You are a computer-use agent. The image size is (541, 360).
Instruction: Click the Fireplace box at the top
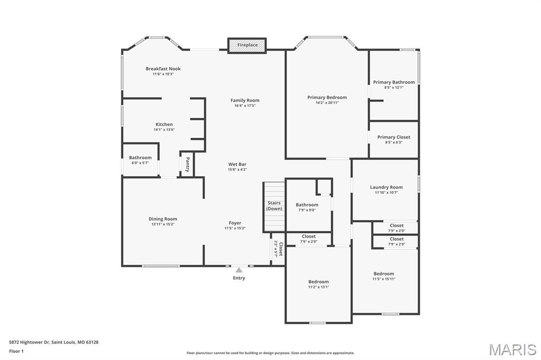(x=247, y=45)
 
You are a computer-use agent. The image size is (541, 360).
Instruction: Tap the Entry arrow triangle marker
(x=239, y=270)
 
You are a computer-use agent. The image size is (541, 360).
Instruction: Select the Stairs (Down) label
(x=274, y=205)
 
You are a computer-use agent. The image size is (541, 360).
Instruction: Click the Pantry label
(x=187, y=164)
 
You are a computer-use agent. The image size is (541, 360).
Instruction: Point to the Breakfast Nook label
(x=163, y=69)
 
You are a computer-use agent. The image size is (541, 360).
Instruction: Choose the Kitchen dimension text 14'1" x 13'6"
(x=164, y=129)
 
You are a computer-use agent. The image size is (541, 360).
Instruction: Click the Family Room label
(x=245, y=100)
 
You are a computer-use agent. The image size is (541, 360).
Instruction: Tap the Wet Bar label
(x=237, y=164)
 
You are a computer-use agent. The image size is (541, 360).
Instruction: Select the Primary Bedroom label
(x=327, y=97)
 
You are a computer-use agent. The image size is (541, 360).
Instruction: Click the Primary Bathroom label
(x=394, y=82)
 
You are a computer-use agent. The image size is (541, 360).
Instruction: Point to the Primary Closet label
(x=394, y=137)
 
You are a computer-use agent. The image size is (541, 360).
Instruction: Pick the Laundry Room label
(x=386, y=187)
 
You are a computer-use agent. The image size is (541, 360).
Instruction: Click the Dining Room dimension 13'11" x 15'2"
(x=163, y=224)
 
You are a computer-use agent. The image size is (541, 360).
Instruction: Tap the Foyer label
(x=235, y=223)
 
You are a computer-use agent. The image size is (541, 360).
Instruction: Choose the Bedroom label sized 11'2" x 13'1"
(x=319, y=282)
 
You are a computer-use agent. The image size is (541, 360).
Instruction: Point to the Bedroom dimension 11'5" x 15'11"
(x=384, y=279)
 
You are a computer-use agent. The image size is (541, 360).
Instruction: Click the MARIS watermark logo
(x=512, y=349)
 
